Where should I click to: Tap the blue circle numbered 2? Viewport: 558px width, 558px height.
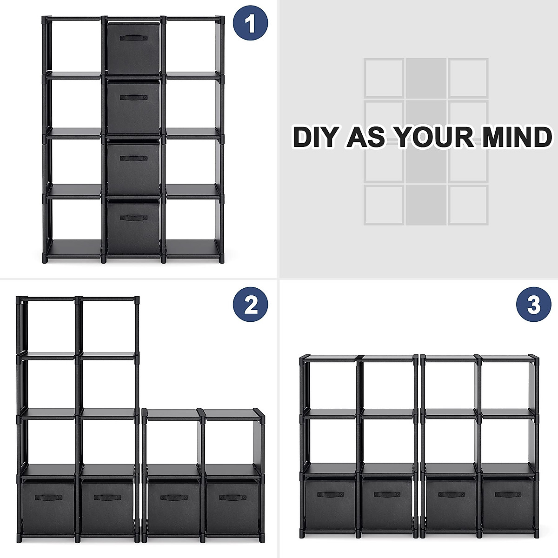(251, 305)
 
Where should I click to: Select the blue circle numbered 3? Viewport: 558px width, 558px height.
(534, 305)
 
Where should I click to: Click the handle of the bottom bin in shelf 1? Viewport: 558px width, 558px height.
(133, 218)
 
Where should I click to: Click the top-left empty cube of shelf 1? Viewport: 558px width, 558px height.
(73, 45)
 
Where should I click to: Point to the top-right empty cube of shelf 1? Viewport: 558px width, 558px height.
(192, 45)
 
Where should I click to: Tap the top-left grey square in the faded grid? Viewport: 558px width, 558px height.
(384, 78)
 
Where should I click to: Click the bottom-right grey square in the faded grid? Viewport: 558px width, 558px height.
(468, 205)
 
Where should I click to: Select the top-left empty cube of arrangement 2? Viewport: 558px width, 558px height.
(47, 325)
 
